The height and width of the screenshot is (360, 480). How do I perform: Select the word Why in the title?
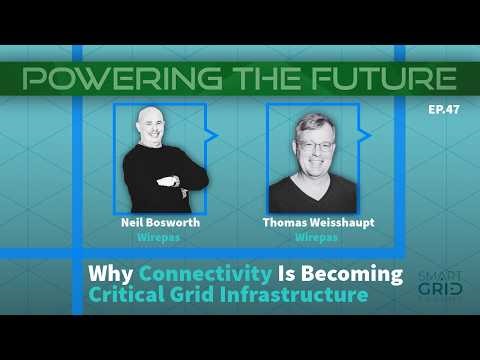[x=112, y=274]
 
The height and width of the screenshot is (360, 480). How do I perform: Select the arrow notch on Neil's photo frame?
[x=212, y=133]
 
